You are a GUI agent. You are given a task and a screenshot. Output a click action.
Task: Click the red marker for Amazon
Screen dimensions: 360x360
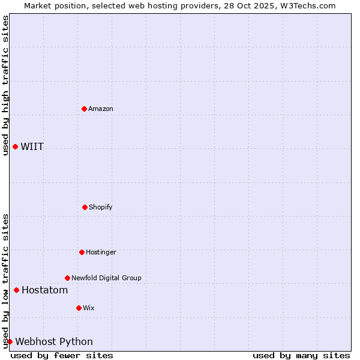(84, 109)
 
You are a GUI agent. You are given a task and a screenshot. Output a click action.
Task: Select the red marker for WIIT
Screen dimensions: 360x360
(15, 147)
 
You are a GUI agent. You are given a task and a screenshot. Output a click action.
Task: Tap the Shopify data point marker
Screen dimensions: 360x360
(85, 207)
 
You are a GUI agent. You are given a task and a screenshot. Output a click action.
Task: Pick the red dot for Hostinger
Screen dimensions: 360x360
(82, 252)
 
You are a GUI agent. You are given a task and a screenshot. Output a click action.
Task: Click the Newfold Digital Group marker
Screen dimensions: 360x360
(67, 278)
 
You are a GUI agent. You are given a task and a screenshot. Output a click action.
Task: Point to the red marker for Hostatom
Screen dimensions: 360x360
(16, 290)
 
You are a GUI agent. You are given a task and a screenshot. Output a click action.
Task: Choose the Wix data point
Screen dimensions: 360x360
(79, 308)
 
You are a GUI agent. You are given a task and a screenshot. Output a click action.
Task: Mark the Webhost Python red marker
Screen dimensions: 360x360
(10, 342)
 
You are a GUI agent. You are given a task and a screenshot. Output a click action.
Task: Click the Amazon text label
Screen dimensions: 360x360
(101, 109)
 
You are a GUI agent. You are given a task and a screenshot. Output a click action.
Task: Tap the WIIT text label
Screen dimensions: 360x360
(32, 147)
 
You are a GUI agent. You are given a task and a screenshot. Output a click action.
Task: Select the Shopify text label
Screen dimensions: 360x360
(101, 207)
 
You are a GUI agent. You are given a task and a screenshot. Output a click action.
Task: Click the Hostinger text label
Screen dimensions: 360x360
(101, 252)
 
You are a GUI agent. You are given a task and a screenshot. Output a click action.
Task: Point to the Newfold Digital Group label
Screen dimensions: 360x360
(106, 278)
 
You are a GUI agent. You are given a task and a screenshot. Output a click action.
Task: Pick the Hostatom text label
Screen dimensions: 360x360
(45, 290)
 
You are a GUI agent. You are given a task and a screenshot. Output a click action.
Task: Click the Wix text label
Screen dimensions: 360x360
(89, 308)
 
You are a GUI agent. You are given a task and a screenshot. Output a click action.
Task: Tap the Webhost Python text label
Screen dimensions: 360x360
(54, 342)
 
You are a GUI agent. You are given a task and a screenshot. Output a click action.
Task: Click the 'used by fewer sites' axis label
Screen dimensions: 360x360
(62, 355)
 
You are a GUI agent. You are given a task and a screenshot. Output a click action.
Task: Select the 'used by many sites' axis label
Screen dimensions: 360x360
(301, 355)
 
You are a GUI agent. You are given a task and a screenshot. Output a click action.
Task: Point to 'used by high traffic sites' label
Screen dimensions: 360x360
(5, 85)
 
